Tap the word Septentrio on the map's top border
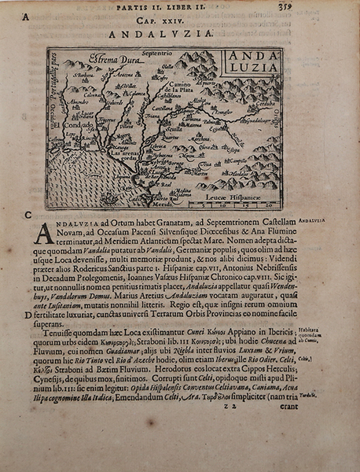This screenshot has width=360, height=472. (158, 53)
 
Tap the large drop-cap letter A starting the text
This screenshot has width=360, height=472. (45, 233)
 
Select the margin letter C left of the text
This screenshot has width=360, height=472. (28, 215)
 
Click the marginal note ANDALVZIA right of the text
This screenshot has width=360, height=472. (319, 223)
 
